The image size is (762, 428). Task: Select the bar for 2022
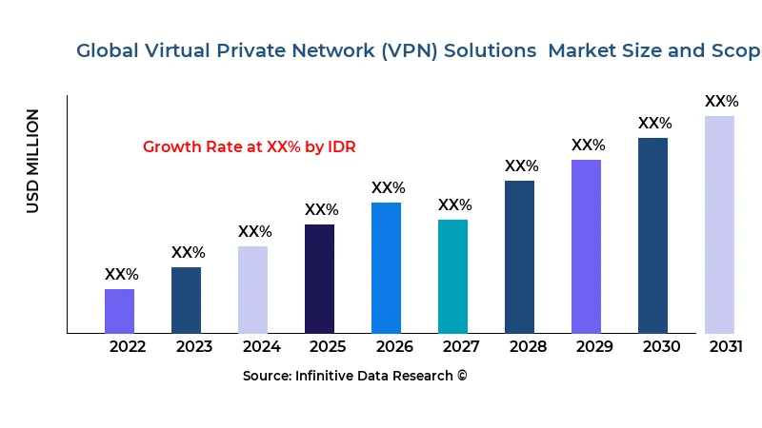pos(119,311)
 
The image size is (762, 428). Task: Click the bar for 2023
pos(186,300)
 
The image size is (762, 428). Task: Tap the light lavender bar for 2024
pos(252,289)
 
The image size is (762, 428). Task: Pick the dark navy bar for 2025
pos(319,279)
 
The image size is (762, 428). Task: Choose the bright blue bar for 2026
pos(386,267)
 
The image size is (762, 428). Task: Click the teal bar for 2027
pos(452,276)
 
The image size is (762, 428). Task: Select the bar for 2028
pos(519,257)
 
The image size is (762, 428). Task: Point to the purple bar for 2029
pos(586,246)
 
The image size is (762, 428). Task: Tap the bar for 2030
pos(652,235)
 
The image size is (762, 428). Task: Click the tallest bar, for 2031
pos(719,224)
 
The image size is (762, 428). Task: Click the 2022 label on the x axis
pos(128,347)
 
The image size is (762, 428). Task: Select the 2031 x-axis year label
pos(726,347)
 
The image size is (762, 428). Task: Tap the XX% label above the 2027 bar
pos(454,205)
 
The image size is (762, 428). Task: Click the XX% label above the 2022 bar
pos(121,275)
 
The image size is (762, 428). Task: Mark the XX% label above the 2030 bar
pos(654,124)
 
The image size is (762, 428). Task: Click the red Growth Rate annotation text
pos(249,147)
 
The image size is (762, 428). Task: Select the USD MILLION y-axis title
pos(33,161)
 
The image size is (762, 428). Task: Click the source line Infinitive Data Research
pos(354,376)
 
